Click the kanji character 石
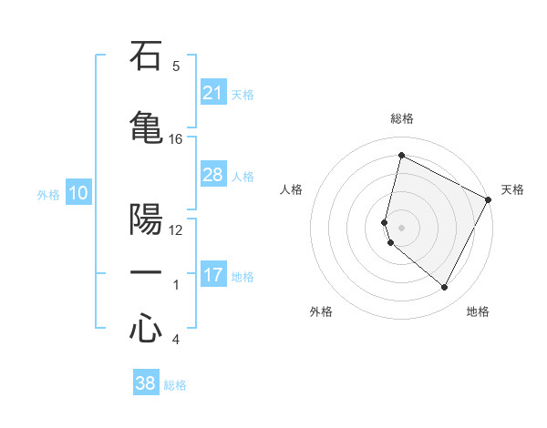146,57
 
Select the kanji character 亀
146,126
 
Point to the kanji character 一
146,272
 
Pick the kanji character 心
146,328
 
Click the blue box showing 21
212,93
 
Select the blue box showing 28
212,175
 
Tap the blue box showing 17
212,275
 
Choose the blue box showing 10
77,193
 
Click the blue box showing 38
146,383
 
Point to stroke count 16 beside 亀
175,138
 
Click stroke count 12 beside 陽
175,229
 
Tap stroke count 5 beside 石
175,66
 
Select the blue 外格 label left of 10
48,194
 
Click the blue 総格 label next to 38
175,385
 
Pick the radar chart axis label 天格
512,189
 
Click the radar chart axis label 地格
478,311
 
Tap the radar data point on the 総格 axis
401,156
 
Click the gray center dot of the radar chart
401,227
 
